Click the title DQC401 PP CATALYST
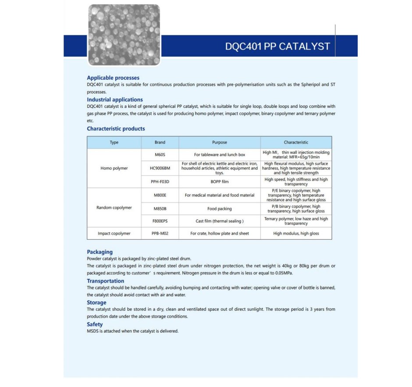pos(277,46)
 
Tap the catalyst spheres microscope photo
pos(124,35)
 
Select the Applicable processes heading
pos(113,78)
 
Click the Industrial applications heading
pos(115,99)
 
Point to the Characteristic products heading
pos(116,128)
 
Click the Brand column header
pos(160,142)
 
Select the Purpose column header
pos(220,142)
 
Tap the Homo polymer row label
pos(114,168)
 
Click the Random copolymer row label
pos(114,208)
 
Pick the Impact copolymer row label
pos(114,234)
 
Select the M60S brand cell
pos(160,155)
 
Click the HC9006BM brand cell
pos(160,168)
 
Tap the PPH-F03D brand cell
pos(160,181)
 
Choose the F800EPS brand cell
pos(160,221)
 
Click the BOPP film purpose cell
pos(220,181)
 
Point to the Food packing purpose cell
pos(220,209)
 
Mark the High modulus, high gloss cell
pos(296,234)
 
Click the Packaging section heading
pos(99,252)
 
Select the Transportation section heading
pos(105,281)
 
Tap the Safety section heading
pos(95,324)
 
